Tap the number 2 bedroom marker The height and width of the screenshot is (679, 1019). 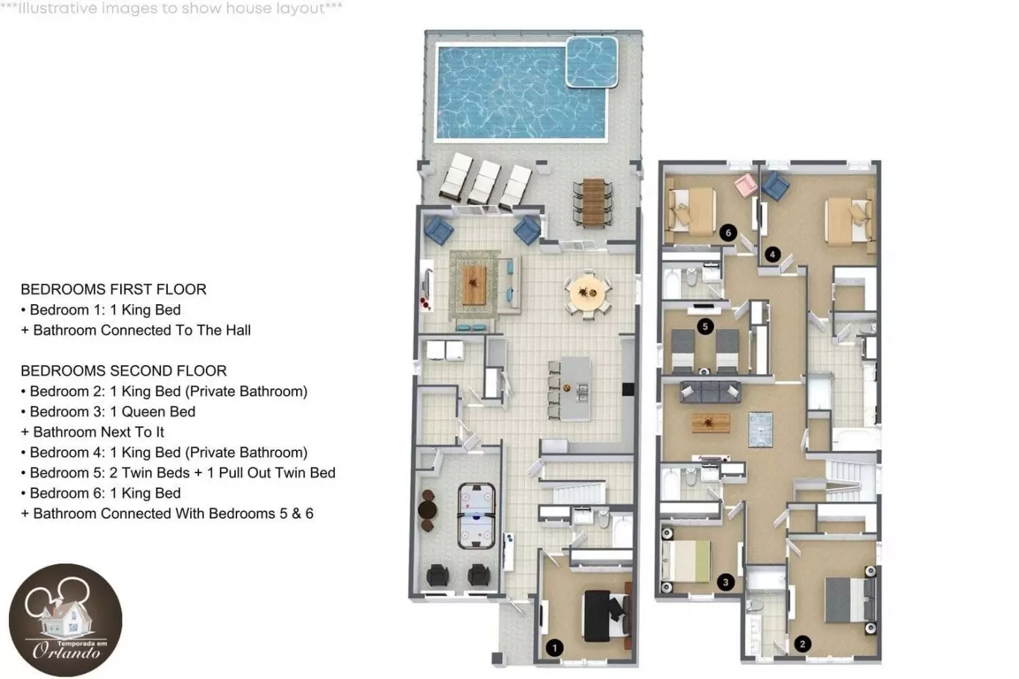pos(803,643)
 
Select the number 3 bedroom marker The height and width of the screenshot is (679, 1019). pos(726,582)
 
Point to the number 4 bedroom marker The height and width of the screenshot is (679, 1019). pos(772,254)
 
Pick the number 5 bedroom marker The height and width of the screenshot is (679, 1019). pos(705,326)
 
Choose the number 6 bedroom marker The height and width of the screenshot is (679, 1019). pos(728,233)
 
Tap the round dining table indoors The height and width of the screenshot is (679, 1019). pos(588,294)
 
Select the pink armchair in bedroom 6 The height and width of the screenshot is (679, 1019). pos(746,185)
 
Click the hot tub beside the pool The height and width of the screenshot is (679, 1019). pos(592,62)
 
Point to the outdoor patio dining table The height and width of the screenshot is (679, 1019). pos(593,202)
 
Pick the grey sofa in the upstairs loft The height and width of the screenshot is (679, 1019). pos(710,392)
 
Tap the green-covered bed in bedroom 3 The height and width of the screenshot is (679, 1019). pos(686,560)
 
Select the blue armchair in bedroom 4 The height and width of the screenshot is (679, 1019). pos(776,186)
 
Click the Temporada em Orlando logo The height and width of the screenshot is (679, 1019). pos(66,620)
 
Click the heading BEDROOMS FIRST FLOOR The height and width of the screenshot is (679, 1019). pos(113,289)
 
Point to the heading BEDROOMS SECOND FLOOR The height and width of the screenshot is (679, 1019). pos(124,370)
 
